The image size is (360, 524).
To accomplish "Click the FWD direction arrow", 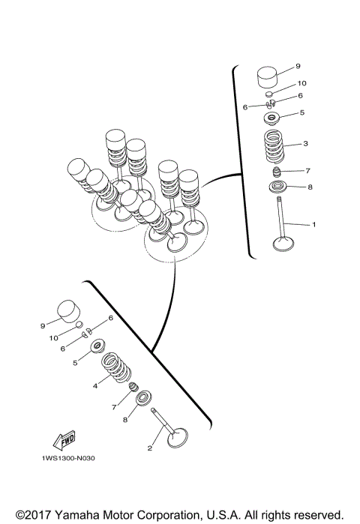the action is point(64,441).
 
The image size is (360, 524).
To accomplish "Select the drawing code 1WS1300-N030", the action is point(68,458).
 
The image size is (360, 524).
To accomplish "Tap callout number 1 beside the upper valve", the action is point(313,225).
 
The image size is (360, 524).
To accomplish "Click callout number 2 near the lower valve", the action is point(150,448).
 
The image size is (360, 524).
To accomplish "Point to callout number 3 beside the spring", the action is point(305,144).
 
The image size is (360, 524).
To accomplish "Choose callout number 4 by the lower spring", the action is point(95,385).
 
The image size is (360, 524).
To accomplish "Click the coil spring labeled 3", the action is point(274,146).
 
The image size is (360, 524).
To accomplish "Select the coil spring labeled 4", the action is point(116,367).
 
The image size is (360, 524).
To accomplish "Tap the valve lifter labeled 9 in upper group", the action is point(268,78).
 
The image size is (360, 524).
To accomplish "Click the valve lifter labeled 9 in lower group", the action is point(69,311).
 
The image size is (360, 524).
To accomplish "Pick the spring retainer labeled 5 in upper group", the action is point(271,118).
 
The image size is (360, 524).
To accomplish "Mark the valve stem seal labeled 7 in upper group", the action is point(276,172).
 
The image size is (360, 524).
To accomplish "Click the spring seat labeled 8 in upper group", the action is point(277,187).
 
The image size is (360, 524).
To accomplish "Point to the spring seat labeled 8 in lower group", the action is point(143,397).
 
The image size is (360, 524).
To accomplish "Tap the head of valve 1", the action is point(283,244).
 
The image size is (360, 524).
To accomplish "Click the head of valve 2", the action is point(177,438).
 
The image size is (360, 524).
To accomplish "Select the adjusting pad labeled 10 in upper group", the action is point(270,93).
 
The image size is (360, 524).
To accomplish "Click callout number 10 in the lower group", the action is point(53,338).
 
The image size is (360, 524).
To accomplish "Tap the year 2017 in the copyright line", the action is point(38,515).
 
